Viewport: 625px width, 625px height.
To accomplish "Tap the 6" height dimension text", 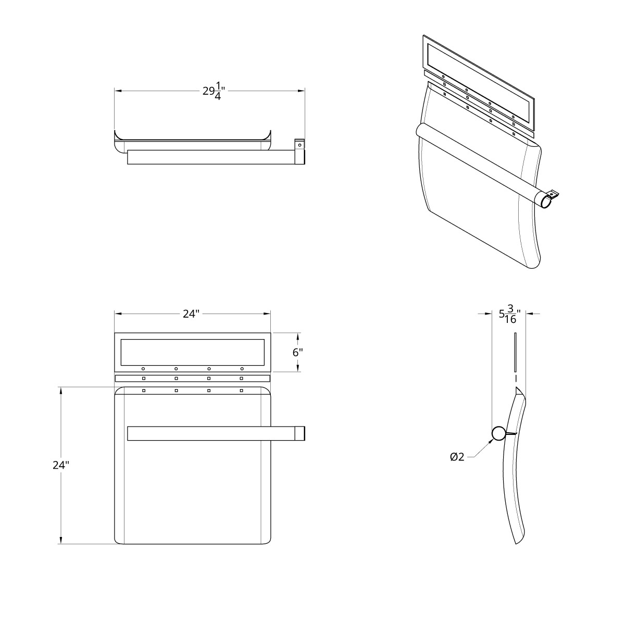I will [297, 352].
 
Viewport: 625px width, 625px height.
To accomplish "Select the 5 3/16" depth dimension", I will [509, 315].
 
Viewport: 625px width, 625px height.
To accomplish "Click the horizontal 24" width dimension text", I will [191, 314].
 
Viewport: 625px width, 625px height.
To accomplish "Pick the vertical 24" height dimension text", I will [61, 465].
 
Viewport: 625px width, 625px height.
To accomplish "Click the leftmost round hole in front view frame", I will [143, 369].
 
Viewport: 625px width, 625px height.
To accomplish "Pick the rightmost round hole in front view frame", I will [242, 369].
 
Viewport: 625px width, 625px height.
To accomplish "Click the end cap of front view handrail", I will [301, 433].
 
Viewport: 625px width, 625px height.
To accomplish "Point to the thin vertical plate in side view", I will [515, 349].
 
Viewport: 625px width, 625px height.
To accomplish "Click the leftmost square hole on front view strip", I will [143, 378].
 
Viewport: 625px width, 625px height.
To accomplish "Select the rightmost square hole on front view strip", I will [241, 378].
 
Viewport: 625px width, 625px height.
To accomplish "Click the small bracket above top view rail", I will [299, 144].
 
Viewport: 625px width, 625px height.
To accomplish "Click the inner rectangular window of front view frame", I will [192, 352].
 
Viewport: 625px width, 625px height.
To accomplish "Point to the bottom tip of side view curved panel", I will [516, 543].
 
